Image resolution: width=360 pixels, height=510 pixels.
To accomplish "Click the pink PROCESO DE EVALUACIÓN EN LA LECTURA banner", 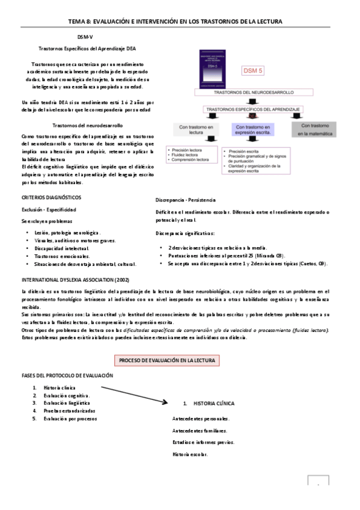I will (166, 360).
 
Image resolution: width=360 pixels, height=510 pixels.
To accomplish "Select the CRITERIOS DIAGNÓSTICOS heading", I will (51, 198).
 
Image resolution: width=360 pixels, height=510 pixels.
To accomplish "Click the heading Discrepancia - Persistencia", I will (185, 200).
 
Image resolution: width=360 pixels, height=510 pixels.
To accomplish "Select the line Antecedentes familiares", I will (200, 431).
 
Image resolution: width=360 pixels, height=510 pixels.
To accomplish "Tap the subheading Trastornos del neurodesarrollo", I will (87, 126).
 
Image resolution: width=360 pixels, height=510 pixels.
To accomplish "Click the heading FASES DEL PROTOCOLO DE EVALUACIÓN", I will (67, 375).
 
